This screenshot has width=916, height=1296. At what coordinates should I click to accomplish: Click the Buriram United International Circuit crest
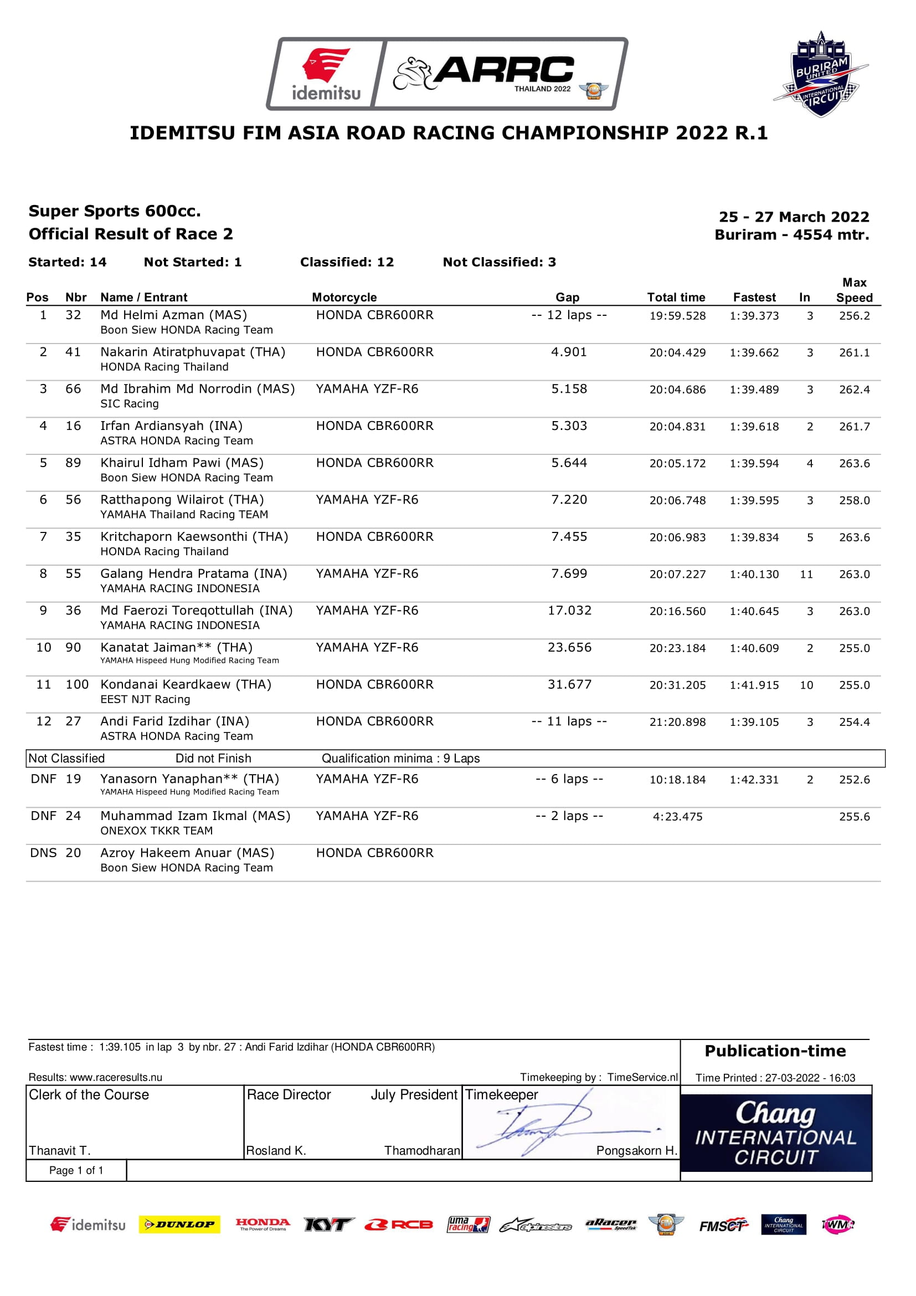click(821, 74)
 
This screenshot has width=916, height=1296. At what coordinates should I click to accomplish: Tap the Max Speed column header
click(854, 290)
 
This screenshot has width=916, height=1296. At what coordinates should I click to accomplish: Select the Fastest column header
click(754, 298)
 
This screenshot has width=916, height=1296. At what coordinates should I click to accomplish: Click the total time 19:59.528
click(677, 316)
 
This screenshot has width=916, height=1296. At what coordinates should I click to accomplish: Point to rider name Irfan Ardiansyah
click(172, 426)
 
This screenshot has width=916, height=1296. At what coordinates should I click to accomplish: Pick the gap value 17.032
click(570, 611)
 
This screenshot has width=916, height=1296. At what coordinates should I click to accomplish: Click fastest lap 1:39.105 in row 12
click(754, 722)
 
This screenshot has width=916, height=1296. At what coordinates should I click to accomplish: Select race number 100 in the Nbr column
click(78, 685)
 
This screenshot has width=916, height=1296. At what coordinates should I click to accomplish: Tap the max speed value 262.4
click(854, 390)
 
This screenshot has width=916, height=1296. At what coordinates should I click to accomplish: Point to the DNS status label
click(43, 853)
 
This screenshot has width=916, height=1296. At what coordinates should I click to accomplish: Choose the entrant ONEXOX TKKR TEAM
click(156, 831)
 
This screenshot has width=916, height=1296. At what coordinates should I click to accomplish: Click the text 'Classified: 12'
click(347, 262)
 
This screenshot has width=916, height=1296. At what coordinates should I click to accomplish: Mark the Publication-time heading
click(775, 1051)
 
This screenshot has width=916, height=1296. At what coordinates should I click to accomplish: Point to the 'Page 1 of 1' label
click(76, 1170)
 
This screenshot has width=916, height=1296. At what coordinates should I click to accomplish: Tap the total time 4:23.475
click(677, 817)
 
